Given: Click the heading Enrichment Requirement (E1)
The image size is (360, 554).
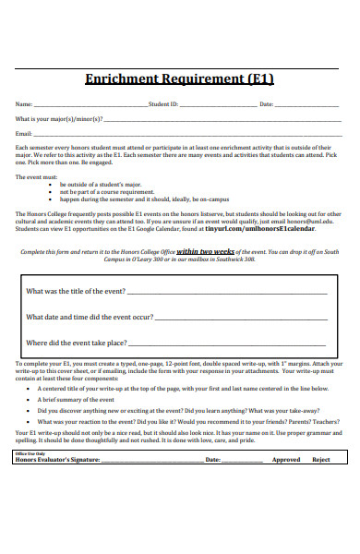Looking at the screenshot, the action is tap(179, 79).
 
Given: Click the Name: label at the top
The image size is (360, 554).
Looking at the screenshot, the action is tap(24, 104).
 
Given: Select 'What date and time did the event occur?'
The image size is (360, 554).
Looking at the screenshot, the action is tap(90, 317).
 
